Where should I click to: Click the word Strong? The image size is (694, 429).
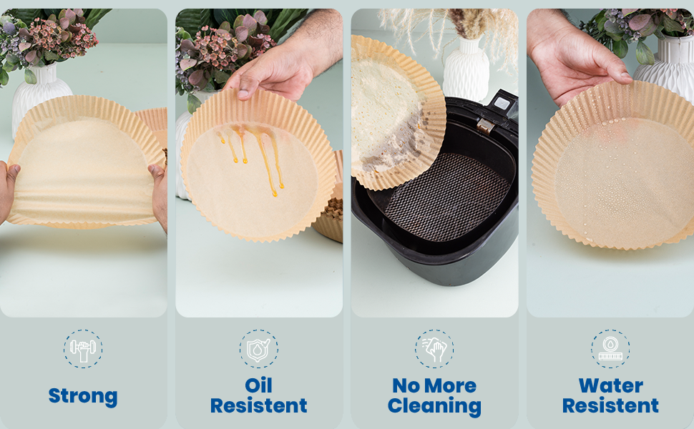(x=83, y=396)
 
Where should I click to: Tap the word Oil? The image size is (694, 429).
(x=258, y=385)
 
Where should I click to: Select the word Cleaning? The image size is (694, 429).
(x=434, y=406)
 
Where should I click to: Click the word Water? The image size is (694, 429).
(x=610, y=385)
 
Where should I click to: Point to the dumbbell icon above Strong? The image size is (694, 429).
(x=83, y=349)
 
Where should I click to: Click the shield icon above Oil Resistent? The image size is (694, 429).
(x=258, y=349)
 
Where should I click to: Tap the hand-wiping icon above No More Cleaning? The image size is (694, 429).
(x=434, y=349)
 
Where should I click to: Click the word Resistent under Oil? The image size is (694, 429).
(x=258, y=405)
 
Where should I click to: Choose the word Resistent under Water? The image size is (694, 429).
(x=610, y=405)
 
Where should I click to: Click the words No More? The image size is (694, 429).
(x=434, y=385)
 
